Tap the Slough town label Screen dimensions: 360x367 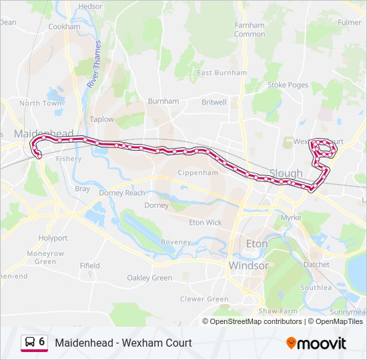tap(286, 173)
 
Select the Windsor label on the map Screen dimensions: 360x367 tap(248, 265)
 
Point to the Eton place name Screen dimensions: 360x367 tap(257, 244)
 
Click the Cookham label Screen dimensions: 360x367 tap(64, 27)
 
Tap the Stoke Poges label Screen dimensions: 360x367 tap(288, 85)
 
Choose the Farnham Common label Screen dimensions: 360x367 tap(250, 30)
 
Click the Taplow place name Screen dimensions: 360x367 tap(102, 119)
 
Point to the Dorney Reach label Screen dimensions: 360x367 tap(121, 193)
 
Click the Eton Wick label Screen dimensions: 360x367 tap(205, 223)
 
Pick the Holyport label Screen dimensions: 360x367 tap(53, 237)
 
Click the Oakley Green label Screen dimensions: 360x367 tap(149, 278)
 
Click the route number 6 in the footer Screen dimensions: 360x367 tap(42, 342)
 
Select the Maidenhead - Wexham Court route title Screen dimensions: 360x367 tap(123, 343)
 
